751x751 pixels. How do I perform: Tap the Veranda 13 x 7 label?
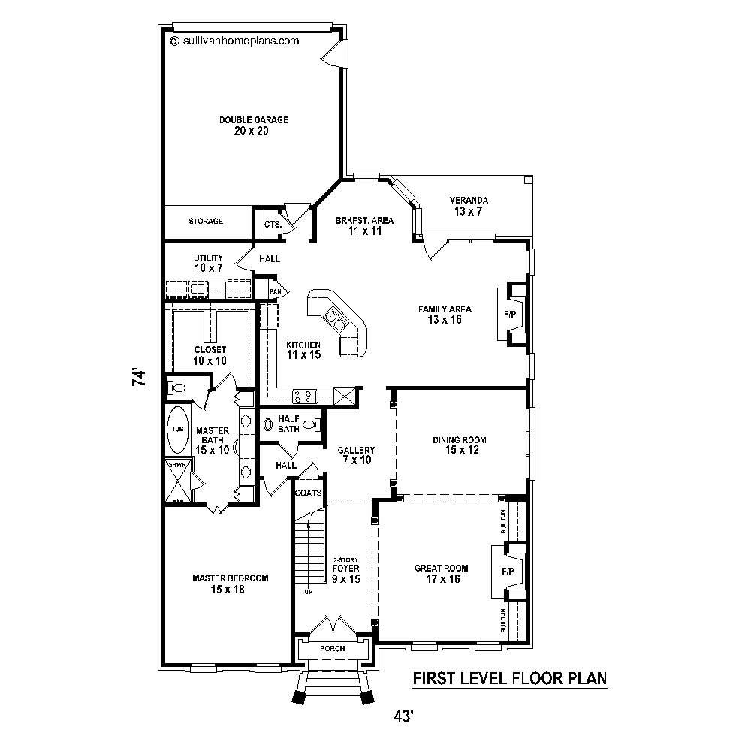click(x=469, y=206)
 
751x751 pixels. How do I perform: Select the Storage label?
click(x=206, y=222)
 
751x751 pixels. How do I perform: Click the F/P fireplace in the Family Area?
click(x=508, y=314)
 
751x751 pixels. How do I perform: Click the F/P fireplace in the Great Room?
click(x=508, y=572)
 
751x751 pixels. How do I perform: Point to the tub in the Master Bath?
click(x=177, y=429)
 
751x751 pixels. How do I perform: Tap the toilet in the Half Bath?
click(x=269, y=424)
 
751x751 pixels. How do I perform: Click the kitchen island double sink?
click(x=335, y=321)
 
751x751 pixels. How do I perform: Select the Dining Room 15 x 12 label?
click(x=460, y=445)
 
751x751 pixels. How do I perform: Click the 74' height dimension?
click(x=138, y=377)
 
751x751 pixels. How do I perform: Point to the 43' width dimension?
click(x=403, y=717)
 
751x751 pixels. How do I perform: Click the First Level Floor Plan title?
click(x=510, y=679)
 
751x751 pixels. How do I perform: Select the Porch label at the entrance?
click(x=332, y=648)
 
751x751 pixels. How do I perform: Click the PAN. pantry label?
click(x=276, y=291)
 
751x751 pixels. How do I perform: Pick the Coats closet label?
click(x=308, y=493)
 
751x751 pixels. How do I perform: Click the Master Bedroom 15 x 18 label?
click(x=230, y=584)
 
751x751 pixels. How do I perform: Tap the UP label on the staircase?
click(x=308, y=592)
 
